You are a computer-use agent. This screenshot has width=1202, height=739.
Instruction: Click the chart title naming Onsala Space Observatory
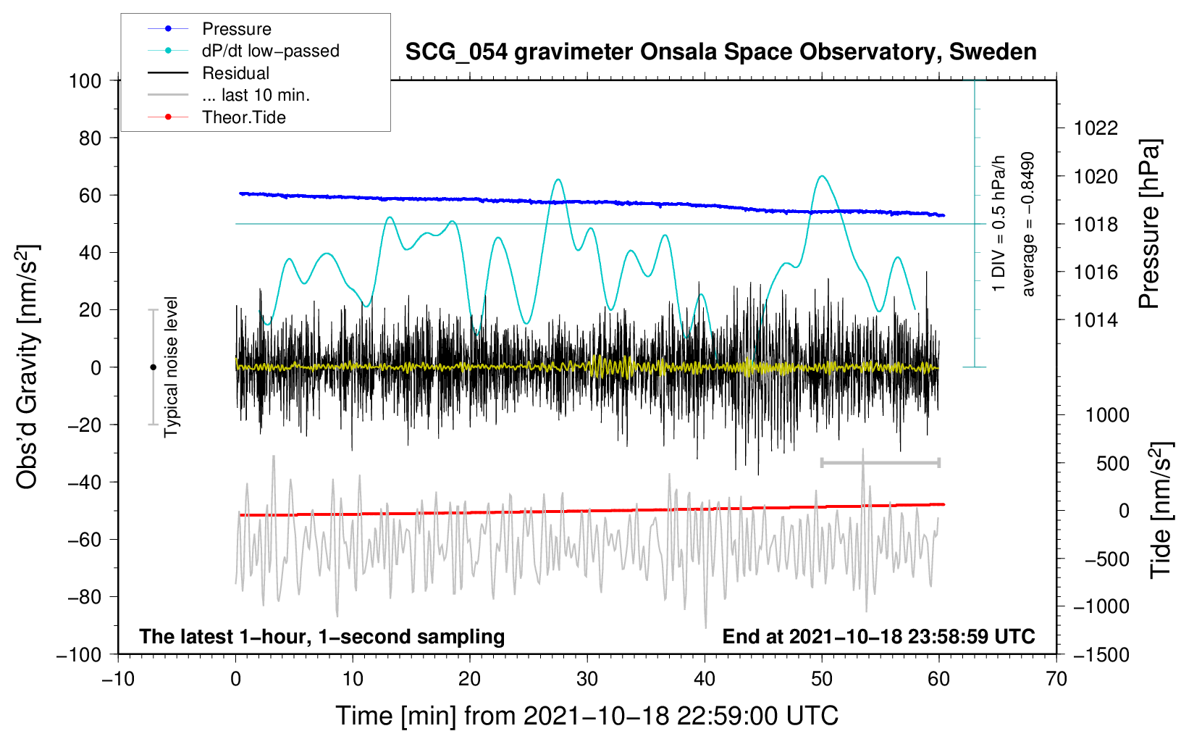[x=720, y=52]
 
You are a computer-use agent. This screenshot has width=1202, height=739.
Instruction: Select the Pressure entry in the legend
[x=236, y=29]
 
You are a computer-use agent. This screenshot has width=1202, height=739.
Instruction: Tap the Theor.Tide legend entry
[x=243, y=117]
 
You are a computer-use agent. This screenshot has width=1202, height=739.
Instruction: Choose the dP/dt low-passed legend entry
[x=270, y=51]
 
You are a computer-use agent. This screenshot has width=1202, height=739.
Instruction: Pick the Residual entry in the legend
[x=235, y=73]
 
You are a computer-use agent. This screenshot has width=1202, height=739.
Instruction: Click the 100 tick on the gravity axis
[x=85, y=80]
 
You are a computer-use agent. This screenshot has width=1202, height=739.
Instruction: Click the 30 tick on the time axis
[x=587, y=679]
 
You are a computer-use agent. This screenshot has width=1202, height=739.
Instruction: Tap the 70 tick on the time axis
[x=1056, y=679]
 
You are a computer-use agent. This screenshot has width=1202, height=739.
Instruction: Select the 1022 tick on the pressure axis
[x=1096, y=128]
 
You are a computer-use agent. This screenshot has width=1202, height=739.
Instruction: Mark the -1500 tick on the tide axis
[x=1101, y=655]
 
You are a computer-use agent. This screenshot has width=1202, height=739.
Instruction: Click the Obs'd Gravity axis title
[x=28, y=367]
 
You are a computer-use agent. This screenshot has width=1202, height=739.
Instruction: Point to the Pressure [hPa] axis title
[x=1149, y=224]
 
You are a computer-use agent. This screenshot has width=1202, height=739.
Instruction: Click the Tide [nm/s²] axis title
[x=1161, y=510]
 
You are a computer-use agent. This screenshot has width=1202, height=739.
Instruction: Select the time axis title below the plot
[x=587, y=716]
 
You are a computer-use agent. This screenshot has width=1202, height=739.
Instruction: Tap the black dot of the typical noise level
[x=153, y=367]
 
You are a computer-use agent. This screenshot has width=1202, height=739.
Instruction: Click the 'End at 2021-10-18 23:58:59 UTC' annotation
[x=878, y=637]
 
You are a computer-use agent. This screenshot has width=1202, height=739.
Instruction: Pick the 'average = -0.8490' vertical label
[x=1028, y=224]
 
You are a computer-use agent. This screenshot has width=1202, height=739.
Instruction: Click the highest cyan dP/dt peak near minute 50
[x=821, y=176]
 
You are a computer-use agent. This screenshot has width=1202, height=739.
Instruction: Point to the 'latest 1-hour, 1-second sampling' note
[x=322, y=637]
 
